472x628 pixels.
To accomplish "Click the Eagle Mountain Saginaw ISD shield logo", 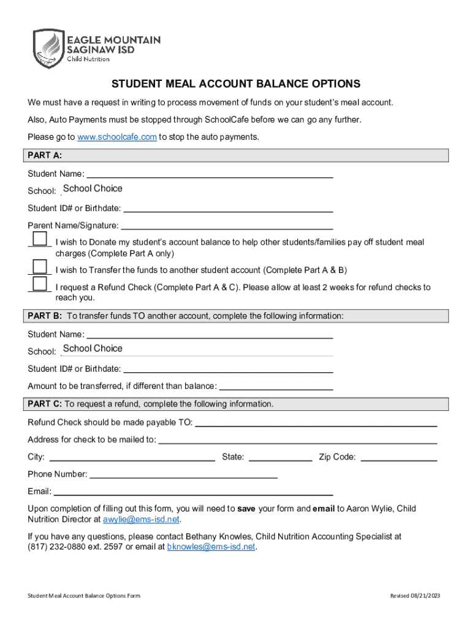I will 48,49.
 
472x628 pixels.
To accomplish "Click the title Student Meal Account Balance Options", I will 235,84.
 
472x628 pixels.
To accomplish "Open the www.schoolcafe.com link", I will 117,137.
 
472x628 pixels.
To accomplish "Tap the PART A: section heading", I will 45,155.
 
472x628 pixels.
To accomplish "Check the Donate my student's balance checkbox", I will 40,239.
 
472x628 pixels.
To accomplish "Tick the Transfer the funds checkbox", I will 40,266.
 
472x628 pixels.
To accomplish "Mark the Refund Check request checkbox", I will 40,283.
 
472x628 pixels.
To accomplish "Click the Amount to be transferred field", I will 276,386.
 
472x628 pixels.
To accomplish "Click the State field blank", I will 280,457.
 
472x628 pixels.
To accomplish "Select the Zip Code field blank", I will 401,457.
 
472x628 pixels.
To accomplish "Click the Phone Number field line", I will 184,474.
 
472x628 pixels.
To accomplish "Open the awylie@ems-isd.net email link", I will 141,519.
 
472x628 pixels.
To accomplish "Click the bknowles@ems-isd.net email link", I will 211,546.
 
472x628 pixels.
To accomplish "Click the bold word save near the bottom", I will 246,508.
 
